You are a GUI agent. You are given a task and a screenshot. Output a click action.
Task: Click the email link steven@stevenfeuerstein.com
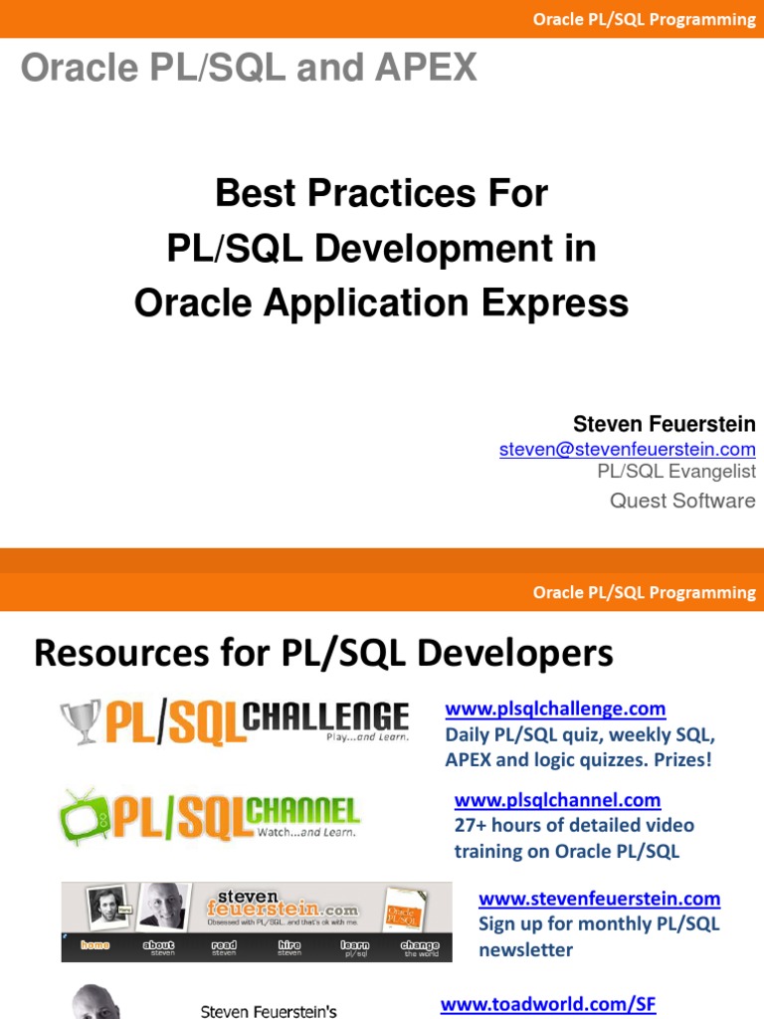[x=627, y=450]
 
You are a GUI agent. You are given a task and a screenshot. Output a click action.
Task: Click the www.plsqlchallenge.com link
[x=555, y=709]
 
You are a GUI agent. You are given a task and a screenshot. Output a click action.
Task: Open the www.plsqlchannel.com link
[x=557, y=799]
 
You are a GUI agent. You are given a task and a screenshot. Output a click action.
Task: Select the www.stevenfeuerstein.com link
[x=599, y=899]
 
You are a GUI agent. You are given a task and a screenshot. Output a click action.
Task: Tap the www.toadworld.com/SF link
[x=548, y=1004]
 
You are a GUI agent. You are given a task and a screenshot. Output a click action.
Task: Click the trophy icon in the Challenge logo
[x=80, y=721]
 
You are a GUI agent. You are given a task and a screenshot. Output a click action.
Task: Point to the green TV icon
[x=83, y=816]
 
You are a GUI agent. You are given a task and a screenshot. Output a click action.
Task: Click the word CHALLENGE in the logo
[x=328, y=716]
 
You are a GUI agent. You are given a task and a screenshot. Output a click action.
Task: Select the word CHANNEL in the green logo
[x=302, y=810]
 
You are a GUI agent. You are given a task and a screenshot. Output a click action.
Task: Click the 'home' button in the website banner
[x=95, y=945]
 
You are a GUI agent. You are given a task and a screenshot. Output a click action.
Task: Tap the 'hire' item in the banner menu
[x=289, y=945]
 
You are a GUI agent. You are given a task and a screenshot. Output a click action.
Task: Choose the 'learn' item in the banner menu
[x=355, y=945]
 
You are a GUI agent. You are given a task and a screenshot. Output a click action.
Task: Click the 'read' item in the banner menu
[x=224, y=945]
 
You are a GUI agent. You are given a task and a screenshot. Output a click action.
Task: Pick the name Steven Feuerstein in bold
[x=664, y=425]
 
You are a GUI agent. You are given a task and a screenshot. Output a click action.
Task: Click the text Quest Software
[x=682, y=501]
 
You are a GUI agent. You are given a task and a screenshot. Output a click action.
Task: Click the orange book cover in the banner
[x=404, y=910]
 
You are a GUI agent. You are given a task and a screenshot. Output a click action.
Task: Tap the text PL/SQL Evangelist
[x=676, y=472]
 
